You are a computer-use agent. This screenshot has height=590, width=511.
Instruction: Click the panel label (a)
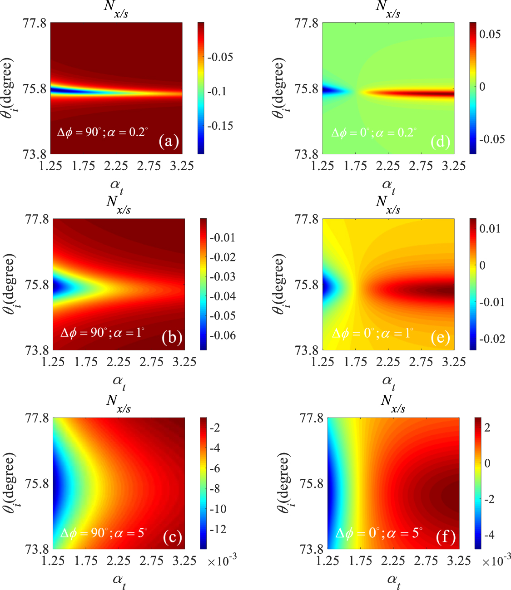(169, 142)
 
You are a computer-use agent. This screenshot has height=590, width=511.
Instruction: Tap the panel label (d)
(440, 142)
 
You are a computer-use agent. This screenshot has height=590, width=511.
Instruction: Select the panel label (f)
(445, 537)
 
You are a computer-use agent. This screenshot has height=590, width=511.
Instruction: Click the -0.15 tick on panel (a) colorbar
(220, 126)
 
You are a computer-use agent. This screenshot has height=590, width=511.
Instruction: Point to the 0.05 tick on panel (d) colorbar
(490, 34)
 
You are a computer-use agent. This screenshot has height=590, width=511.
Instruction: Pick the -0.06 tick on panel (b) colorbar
(222, 335)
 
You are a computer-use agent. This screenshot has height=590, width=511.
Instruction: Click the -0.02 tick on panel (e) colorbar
(492, 339)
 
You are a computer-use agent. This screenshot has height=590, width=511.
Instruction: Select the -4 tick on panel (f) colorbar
(489, 535)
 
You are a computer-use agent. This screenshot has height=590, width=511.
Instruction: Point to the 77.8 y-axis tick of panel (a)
(35, 23)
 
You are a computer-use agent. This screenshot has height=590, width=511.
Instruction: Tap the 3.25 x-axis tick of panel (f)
(458, 561)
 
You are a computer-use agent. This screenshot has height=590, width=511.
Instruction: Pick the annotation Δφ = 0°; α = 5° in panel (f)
(379, 532)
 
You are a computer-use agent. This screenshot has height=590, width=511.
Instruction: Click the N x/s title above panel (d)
(388, 10)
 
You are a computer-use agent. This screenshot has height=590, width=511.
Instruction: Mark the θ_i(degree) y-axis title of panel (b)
(10, 284)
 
